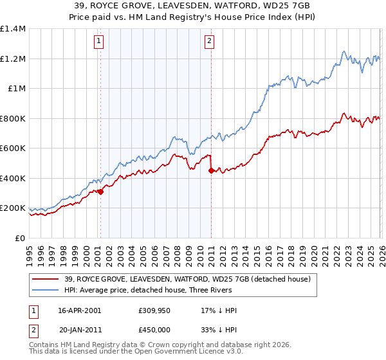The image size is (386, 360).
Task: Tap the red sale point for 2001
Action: [x=100, y=192]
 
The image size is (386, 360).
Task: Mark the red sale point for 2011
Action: [x=211, y=170]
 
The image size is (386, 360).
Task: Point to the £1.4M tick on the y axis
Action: [x=13, y=29]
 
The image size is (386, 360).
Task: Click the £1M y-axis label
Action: [x=16, y=89]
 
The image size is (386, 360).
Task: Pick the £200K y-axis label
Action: [x=13, y=208]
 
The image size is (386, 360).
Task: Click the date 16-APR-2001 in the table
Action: [x=80, y=310]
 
